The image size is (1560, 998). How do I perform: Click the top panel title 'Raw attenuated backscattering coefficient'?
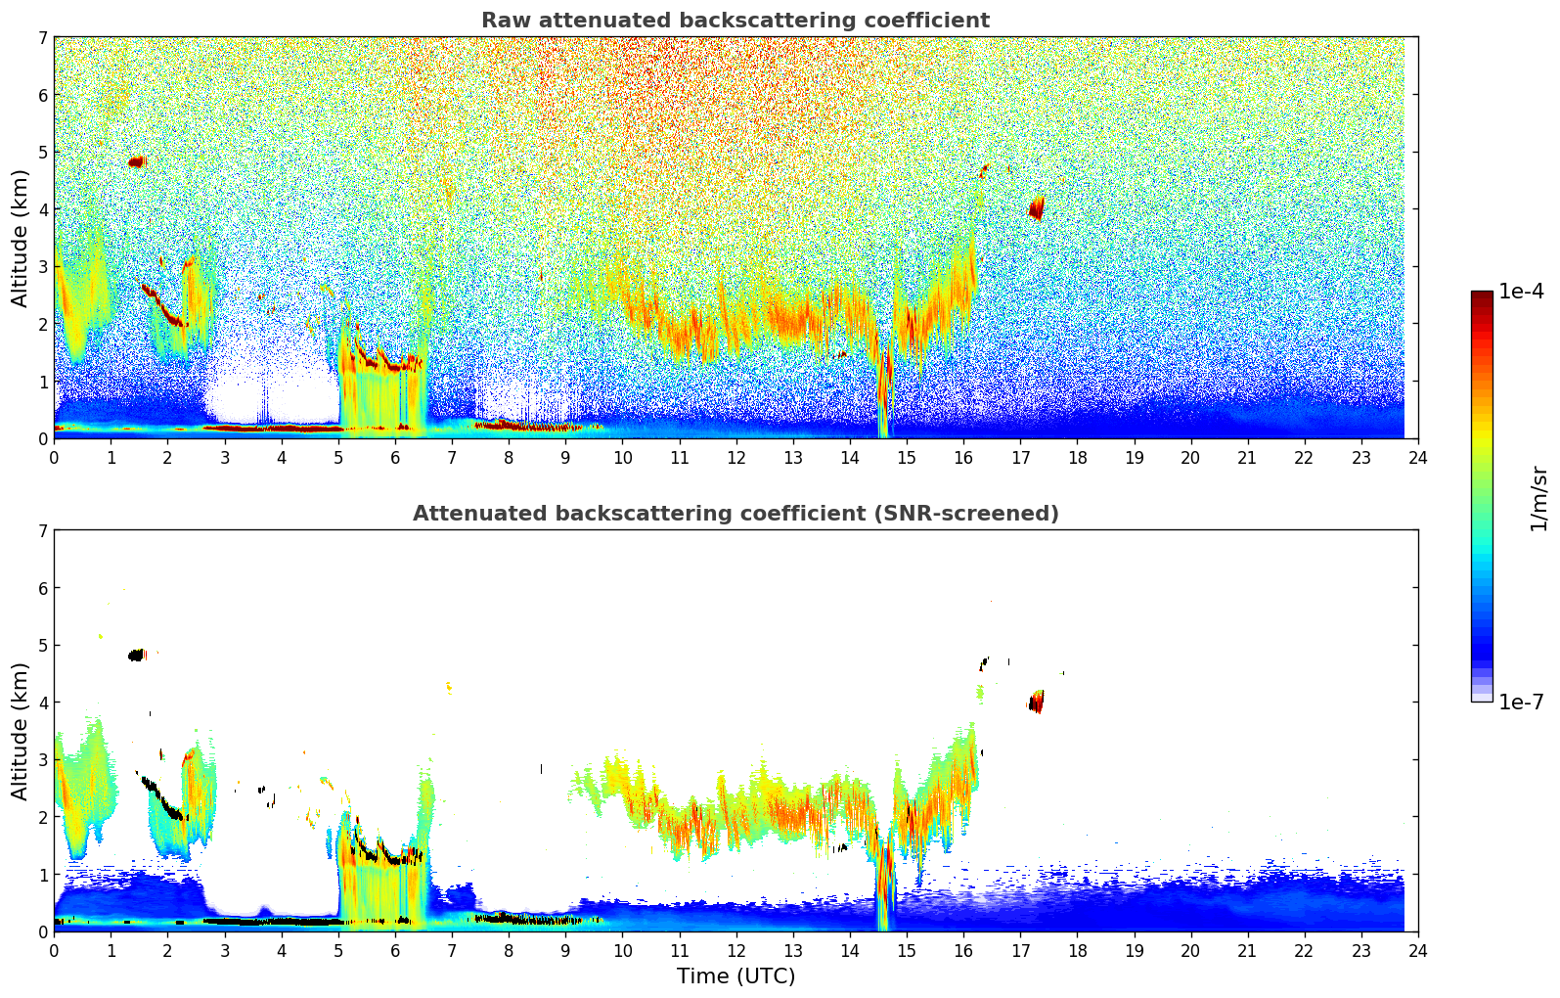(x=735, y=21)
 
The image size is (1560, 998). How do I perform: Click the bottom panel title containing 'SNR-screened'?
(x=735, y=514)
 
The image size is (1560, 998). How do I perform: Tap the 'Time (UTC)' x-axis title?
(x=735, y=976)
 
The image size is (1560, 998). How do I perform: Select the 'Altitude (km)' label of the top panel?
(x=20, y=238)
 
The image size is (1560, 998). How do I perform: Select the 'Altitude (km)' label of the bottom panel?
(x=20, y=731)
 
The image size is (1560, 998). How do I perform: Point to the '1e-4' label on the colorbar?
(x=1521, y=292)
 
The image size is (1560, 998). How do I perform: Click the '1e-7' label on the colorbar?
(x=1521, y=702)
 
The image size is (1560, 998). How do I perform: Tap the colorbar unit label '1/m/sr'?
(x=1538, y=497)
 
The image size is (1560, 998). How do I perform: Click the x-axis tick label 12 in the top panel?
(x=735, y=457)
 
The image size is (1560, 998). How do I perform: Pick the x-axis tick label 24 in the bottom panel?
(x=1417, y=950)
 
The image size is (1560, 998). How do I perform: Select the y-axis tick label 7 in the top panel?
(x=43, y=38)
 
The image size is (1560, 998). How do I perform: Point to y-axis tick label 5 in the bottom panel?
(x=43, y=646)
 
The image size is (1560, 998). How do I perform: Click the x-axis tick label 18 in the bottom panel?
(x=1077, y=950)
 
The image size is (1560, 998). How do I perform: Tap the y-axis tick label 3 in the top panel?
(x=43, y=267)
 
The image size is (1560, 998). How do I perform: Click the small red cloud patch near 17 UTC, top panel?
(x=1037, y=207)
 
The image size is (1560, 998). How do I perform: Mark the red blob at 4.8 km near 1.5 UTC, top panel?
(x=136, y=161)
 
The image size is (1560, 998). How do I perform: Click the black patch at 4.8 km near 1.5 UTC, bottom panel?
(x=136, y=655)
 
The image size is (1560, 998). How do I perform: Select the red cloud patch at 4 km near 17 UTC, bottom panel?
(x=1037, y=702)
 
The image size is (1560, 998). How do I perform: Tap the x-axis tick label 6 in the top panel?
(x=395, y=457)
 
